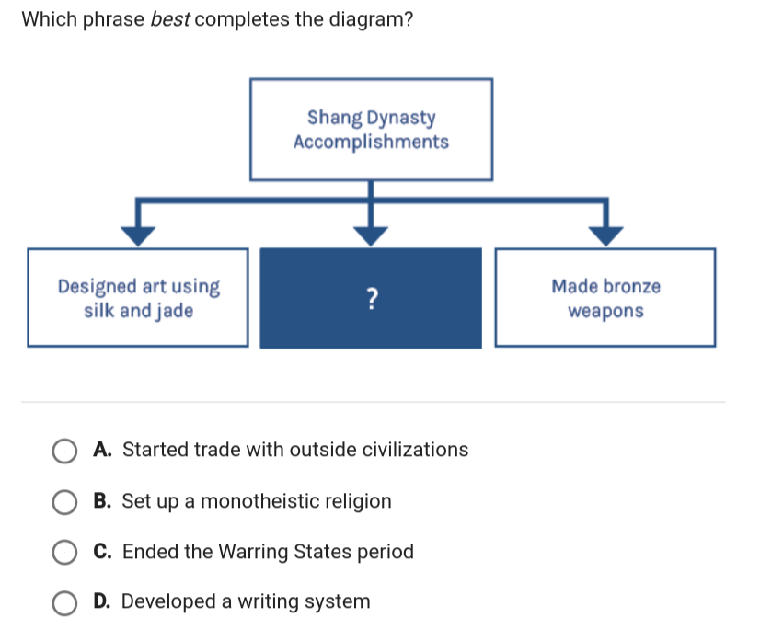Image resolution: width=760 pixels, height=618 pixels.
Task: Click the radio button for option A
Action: click(x=64, y=452)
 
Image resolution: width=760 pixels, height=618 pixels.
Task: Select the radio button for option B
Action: click(x=64, y=502)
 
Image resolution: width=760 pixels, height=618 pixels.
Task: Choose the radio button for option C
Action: click(x=64, y=553)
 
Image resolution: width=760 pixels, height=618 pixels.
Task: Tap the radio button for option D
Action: click(x=64, y=603)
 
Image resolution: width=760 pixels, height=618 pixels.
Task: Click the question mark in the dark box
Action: click(x=372, y=298)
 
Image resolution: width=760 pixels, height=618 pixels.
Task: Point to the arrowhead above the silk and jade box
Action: click(x=138, y=236)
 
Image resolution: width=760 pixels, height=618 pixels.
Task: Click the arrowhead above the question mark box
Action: click(x=371, y=236)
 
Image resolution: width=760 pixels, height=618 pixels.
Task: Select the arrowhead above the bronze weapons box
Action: click(x=605, y=236)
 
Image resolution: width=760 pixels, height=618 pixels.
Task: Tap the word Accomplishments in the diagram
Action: click(x=372, y=142)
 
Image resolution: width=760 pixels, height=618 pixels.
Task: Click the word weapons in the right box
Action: click(x=605, y=312)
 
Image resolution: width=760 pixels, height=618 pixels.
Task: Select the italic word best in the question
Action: click(x=170, y=19)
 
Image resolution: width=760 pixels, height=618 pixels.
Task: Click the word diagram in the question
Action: click(x=366, y=20)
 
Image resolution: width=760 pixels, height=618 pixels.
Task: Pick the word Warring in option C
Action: click(x=254, y=552)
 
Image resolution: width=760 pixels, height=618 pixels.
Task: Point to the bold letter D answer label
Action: click(x=102, y=601)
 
